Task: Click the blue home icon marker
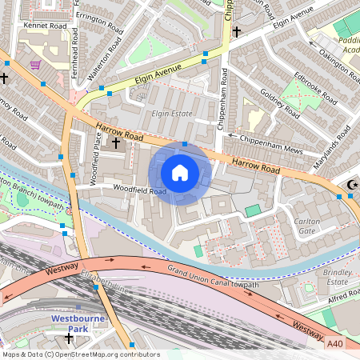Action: (180, 173)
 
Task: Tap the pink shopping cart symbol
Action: (35, 64)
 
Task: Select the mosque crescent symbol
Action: (350, 186)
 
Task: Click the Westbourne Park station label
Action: (78, 322)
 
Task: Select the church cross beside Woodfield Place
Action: (116, 142)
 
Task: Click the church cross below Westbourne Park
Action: (69, 338)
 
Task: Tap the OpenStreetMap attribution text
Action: (80, 354)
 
